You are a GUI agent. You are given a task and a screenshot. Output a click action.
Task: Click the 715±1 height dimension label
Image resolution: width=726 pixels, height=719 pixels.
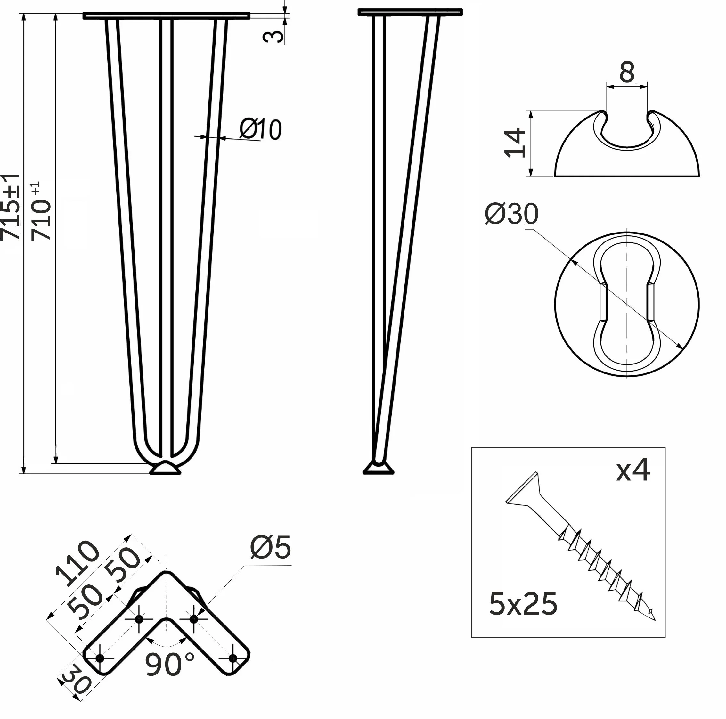coord(11,206)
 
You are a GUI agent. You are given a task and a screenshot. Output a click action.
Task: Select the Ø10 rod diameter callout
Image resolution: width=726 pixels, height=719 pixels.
coord(260,130)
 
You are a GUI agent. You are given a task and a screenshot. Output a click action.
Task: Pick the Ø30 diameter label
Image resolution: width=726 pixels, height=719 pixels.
coord(511,214)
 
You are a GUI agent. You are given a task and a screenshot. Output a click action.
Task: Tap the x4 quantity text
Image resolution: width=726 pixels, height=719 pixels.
coord(633,471)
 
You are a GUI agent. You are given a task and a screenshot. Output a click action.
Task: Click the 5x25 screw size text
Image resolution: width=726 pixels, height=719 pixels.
coord(523,604)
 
